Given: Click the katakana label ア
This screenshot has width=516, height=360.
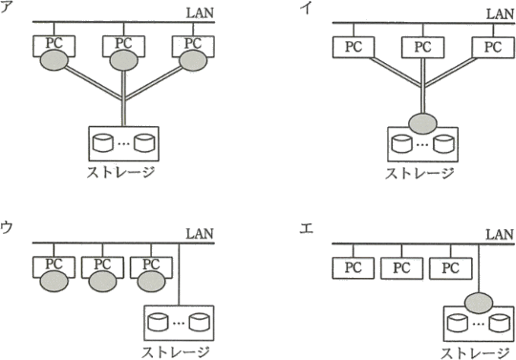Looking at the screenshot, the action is (x=7, y=8).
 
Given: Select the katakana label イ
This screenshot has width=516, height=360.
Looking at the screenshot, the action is (x=306, y=8).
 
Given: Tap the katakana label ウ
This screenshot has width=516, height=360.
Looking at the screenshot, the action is (x=7, y=227).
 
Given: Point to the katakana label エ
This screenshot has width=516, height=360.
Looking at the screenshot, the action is (x=306, y=228).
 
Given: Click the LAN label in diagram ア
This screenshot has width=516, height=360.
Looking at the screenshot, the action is (x=200, y=13).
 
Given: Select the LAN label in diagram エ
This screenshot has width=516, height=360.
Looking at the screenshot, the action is (x=500, y=234).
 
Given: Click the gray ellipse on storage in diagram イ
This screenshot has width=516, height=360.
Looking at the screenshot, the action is (x=423, y=123).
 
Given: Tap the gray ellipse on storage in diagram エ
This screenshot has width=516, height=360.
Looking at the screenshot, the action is (x=479, y=303).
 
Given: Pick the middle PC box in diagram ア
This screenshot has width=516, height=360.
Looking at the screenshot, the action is (x=123, y=47).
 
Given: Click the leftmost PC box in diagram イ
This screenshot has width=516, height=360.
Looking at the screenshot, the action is (x=354, y=48).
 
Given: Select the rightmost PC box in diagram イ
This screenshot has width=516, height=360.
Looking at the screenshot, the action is (x=493, y=48).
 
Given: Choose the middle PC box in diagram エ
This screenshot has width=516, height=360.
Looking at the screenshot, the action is (x=401, y=268).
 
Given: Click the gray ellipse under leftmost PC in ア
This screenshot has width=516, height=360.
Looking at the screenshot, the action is (x=54, y=60).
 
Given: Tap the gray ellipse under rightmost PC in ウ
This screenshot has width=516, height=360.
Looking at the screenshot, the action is (x=151, y=282).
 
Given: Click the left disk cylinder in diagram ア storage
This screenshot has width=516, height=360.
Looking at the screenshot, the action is (x=103, y=142).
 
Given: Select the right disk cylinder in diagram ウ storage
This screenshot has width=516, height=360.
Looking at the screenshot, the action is (x=199, y=322).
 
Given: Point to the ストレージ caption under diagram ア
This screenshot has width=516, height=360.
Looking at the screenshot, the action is (x=120, y=172).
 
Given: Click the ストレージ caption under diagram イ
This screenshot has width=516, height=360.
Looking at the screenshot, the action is (x=419, y=173).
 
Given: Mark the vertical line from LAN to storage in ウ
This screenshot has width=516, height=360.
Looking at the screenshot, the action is (x=179, y=274).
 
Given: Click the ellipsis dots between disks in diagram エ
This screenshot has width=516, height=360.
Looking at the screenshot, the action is (x=478, y=324).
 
